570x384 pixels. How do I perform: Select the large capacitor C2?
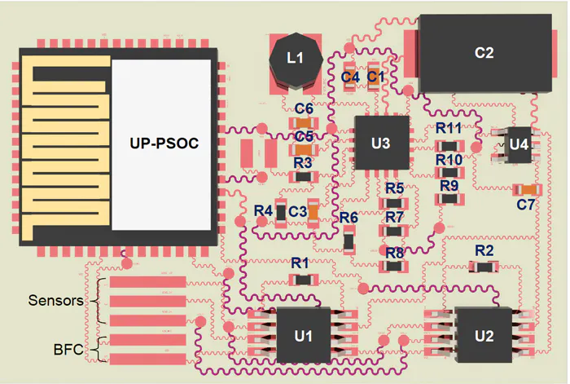[484, 53]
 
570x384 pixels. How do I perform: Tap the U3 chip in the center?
[380, 143]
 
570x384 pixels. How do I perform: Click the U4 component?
[518, 144]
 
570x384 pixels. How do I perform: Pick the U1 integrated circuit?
[303, 335]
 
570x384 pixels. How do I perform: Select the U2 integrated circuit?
[484, 335]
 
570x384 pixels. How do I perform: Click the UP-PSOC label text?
[164, 143]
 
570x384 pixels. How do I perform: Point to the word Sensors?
[56, 300]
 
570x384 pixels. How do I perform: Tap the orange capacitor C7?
[526, 190]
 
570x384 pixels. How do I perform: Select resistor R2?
[484, 266]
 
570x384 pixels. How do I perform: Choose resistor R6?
[349, 241]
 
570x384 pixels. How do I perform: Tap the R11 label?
[449, 128]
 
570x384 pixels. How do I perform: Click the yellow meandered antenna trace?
[61, 147]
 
